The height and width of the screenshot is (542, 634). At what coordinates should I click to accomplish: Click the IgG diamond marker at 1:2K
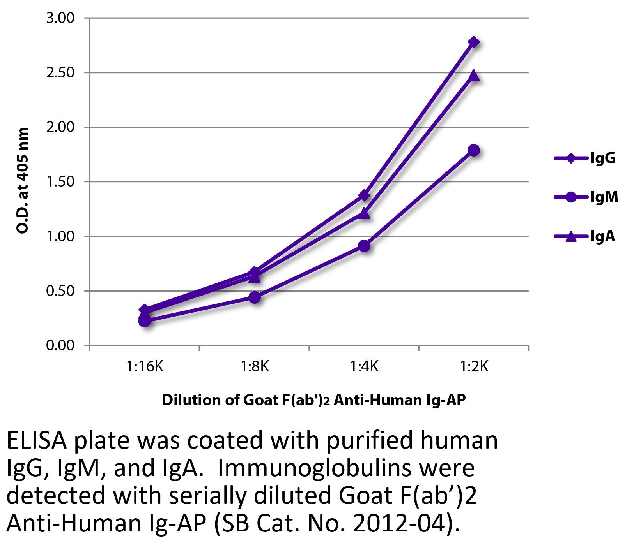pos(474,42)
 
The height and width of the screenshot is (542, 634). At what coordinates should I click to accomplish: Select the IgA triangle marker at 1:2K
pos(474,75)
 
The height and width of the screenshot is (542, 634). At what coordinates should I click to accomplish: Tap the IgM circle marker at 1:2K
pos(474,150)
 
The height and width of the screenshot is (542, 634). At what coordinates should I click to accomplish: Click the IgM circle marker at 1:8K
pos(254,297)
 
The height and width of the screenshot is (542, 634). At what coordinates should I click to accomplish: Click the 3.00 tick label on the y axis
pos(60,18)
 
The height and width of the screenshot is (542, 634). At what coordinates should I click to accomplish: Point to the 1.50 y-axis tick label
pos(60,182)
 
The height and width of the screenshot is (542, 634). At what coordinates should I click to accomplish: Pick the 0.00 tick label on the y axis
pos(60,346)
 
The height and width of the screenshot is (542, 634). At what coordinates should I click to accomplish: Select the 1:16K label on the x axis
pos(145,367)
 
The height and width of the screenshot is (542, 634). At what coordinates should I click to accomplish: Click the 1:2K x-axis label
pos(474,367)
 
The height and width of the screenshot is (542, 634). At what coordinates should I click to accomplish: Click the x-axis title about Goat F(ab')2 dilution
pos(313,400)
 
